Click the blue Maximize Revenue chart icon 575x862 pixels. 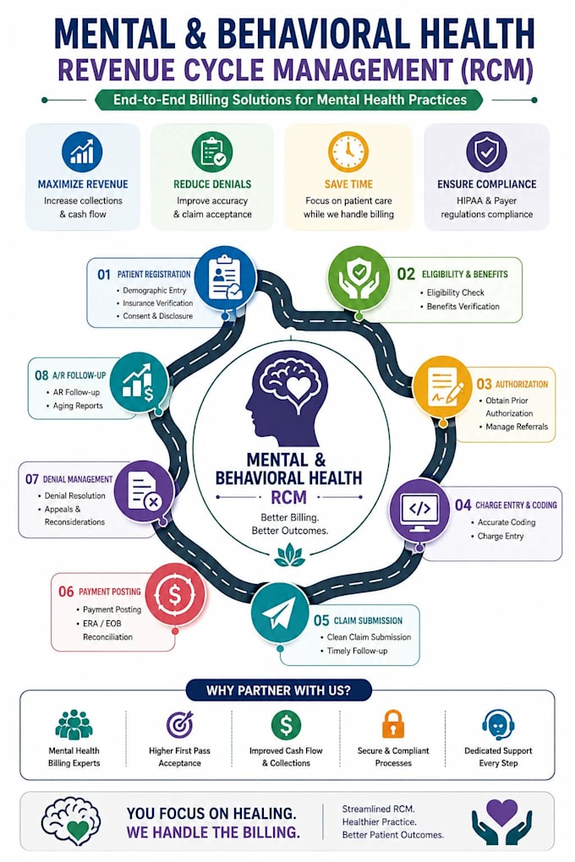82,152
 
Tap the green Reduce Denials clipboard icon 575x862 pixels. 212,152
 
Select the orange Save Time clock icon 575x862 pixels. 348,152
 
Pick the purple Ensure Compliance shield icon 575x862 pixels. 486,152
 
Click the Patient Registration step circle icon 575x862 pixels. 226,277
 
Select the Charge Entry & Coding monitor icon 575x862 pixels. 419,510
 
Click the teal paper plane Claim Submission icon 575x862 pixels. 280,613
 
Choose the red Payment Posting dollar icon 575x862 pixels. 176,594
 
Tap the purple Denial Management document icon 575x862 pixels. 144,490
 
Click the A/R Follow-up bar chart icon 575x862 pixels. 139,382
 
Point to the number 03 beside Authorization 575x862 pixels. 485,385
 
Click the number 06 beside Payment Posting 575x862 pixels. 66,592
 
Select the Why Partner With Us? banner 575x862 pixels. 278,690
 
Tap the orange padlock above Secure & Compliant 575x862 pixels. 393,723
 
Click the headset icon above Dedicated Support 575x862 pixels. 498,724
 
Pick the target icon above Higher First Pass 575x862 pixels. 180,724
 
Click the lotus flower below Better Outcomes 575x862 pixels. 289,555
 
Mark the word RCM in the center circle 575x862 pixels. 289,498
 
